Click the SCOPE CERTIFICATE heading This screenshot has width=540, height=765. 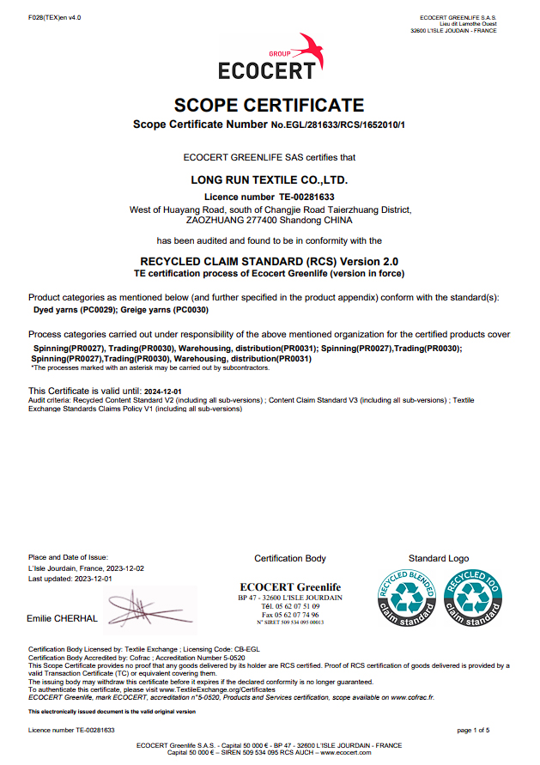(x=269, y=106)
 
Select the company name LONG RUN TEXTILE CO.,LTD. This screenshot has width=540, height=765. (x=269, y=181)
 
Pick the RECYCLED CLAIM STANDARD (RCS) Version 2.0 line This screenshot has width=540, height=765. (x=269, y=261)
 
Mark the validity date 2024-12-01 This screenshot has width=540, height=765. (x=162, y=391)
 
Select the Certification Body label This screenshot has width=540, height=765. (x=290, y=559)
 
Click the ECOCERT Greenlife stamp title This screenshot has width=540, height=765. (x=290, y=587)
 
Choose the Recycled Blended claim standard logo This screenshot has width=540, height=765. (x=403, y=600)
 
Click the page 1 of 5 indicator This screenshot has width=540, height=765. (x=473, y=730)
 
